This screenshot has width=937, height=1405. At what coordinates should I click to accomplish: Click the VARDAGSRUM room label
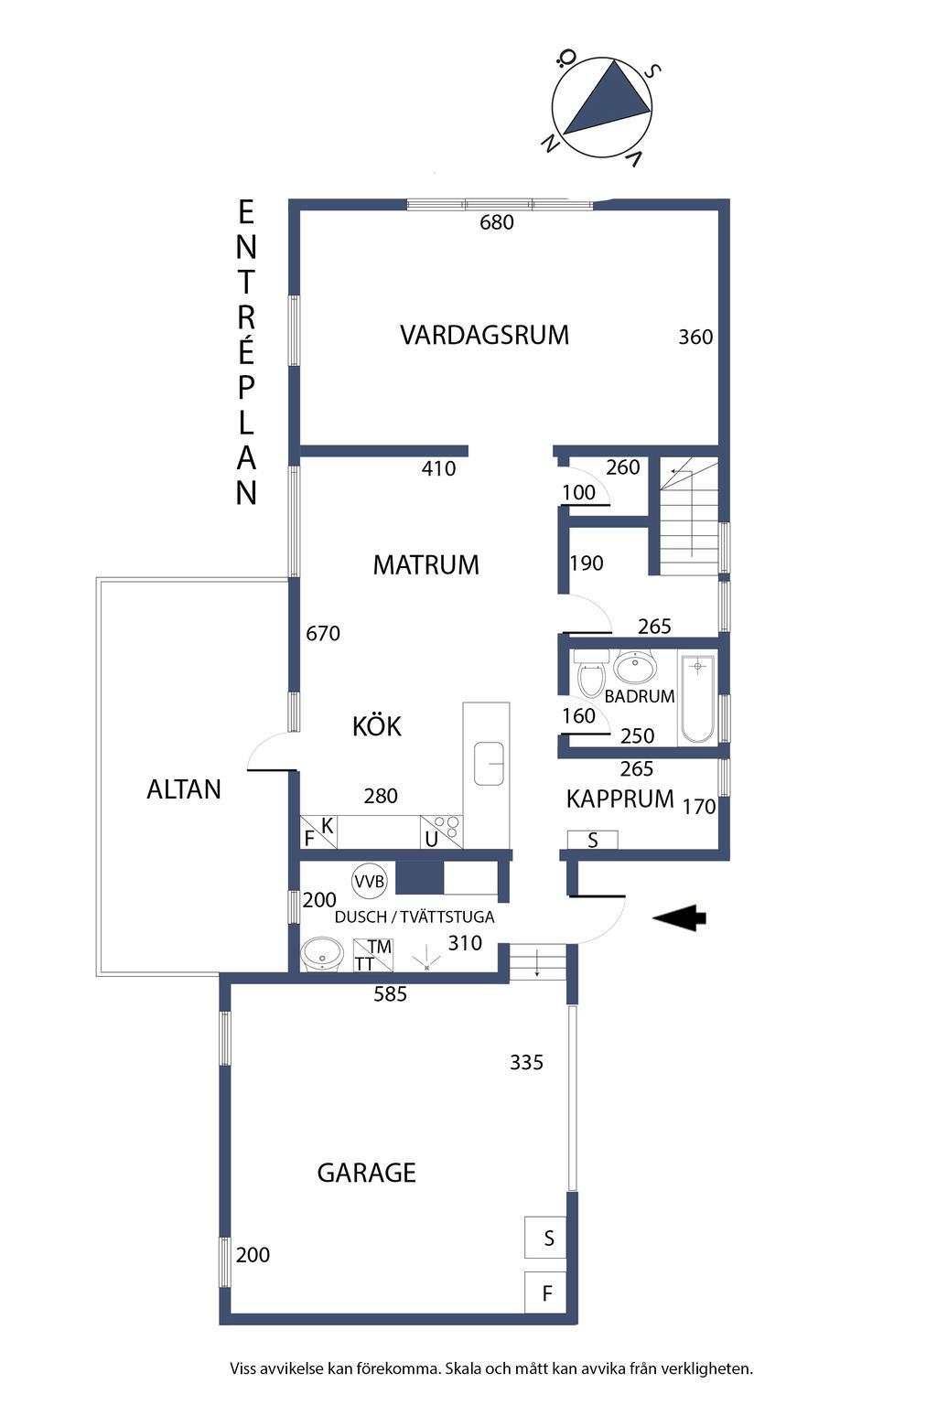(x=484, y=335)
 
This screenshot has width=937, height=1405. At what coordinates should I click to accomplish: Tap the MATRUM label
(x=425, y=564)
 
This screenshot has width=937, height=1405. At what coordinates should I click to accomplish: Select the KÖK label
(x=377, y=726)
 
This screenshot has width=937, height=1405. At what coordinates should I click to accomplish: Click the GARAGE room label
(x=366, y=1173)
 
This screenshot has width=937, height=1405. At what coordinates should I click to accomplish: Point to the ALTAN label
(x=184, y=789)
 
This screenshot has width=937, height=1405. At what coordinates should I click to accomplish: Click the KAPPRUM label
(x=619, y=799)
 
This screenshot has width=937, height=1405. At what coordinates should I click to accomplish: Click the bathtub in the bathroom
(x=697, y=698)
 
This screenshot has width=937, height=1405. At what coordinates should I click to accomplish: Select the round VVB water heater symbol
(x=370, y=881)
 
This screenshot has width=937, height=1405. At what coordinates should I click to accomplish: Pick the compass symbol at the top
(x=601, y=108)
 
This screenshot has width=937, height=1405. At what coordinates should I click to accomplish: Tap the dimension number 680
(x=497, y=222)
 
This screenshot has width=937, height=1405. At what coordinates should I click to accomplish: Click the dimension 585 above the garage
(x=390, y=994)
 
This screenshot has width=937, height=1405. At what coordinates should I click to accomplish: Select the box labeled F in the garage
(x=545, y=1292)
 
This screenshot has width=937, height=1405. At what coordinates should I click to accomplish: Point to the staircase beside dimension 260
(x=689, y=518)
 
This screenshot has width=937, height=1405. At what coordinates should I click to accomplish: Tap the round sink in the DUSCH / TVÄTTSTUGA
(x=321, y=953)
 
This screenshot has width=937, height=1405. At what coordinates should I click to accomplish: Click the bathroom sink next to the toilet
(x=634, y=667)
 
